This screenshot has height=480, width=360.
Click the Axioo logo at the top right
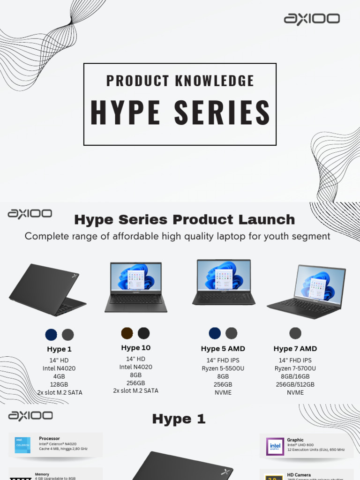(312, 19)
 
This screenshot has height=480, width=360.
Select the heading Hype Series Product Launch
(185, 219)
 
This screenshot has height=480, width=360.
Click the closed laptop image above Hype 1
(47, 290)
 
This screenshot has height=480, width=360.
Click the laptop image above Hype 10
(135, 287)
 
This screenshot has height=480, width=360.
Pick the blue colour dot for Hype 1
(51, 335)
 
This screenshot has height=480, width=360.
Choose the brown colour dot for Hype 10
(127, 333)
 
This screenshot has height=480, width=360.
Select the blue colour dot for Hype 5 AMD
(215, 333)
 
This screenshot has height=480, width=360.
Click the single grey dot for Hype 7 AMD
(295, 333)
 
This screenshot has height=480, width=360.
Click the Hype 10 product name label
(136, 348)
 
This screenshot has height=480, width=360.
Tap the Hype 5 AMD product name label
(223, 349)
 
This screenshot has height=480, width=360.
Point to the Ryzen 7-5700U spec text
(295, 368)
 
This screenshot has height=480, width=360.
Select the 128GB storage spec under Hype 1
(60, 384)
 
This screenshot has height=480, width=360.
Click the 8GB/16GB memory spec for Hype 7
(295, 376)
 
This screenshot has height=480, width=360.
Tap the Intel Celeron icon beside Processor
(22, 445)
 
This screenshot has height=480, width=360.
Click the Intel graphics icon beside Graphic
(275, 447)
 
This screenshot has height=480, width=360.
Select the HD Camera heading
(299, 475)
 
